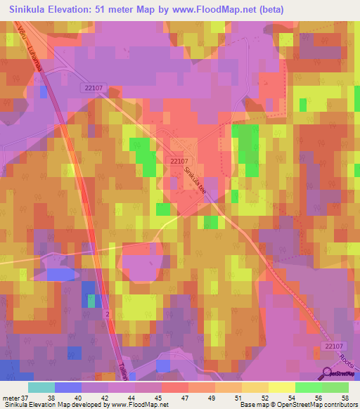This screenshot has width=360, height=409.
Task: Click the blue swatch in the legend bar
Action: [67, 387]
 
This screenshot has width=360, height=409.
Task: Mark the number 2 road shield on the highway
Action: [108, 313]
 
